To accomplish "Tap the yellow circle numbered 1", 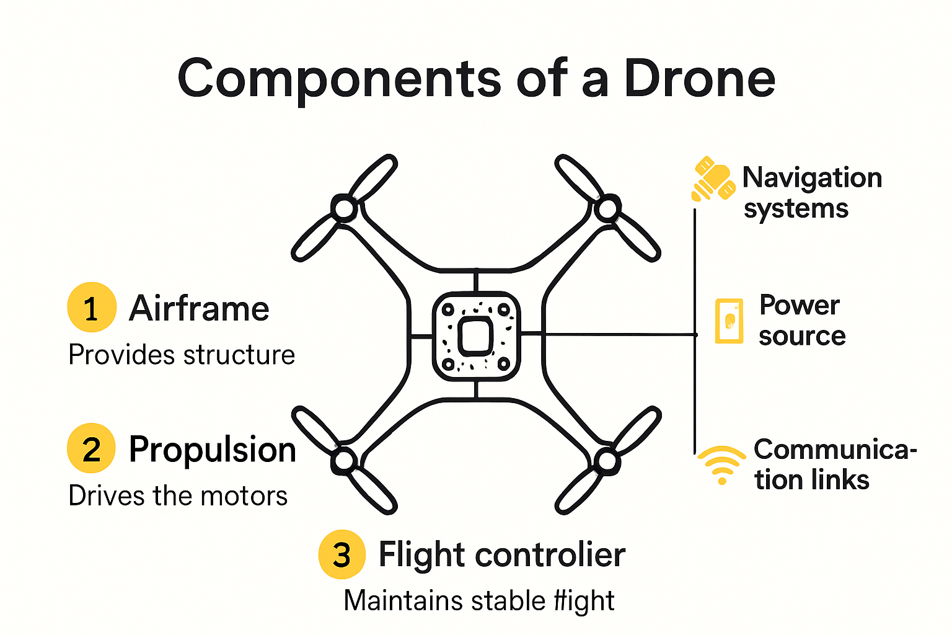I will click(92, 308).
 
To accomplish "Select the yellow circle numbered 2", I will click(92, 448).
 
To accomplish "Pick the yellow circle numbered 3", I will click(342, 554).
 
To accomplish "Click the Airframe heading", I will click(199, 308).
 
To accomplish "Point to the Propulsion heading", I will click(213, 450).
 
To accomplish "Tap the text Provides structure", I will click(182, 355).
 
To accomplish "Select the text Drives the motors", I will click(178, 496).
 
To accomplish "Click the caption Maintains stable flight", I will click(479, 600).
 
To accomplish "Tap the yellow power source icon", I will click(729, 321).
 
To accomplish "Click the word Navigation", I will click(812, 178).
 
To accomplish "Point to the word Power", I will click(800, 305).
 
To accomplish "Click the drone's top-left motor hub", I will click(344, 208).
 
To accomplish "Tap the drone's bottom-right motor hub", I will click(607, 461).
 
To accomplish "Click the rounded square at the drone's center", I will click(476, 336).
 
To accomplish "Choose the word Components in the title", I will click(339, 79).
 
